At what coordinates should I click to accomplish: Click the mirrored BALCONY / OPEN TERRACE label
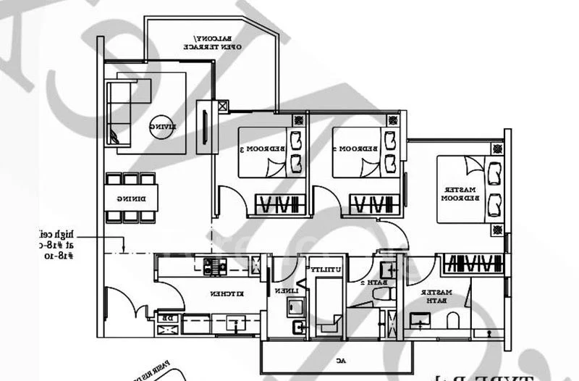tap(217, 42)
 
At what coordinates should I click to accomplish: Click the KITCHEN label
tap(221, 295)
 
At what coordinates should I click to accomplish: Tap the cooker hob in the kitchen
tap(215, 267)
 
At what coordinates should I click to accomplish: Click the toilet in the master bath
tap(455, 319)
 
